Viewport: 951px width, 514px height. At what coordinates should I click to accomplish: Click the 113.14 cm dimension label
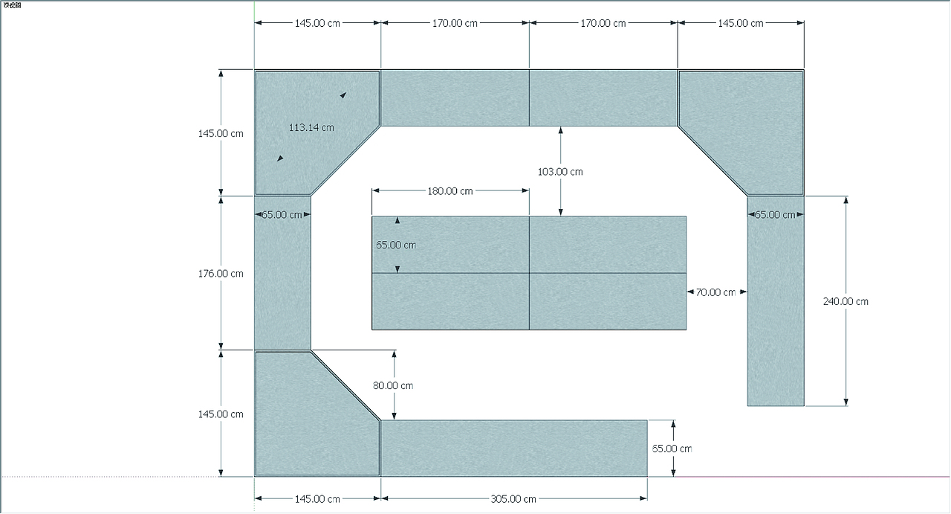click(311, 127)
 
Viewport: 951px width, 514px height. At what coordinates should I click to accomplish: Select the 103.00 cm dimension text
click(560, 172)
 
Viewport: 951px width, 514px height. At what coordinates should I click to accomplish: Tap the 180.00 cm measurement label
click(450, 191)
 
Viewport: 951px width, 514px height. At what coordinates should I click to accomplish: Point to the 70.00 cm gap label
click(715, 292)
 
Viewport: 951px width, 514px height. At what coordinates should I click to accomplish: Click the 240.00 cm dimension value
click(845, 301)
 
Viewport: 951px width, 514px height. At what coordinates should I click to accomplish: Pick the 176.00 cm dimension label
click(221, 274)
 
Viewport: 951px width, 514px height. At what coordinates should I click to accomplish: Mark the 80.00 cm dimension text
click(393, 385)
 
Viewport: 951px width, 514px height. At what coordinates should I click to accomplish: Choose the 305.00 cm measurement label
click(513, 499)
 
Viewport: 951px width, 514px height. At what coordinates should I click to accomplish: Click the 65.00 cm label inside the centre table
click(397, 245)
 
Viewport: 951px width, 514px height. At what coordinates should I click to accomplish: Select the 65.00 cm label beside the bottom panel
click(672, 449)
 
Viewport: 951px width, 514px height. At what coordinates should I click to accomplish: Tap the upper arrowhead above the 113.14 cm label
click(343, 95)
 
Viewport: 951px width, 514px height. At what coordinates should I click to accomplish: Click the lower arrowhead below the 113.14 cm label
click(279, 158)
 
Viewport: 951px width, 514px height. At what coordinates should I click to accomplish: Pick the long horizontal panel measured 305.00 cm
click(513, 448)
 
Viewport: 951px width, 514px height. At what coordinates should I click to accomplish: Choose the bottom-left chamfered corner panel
click(305, 424)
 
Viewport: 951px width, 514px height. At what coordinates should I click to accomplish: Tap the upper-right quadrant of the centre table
click(607, 244)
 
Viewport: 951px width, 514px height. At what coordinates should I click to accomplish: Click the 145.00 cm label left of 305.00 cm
click(317, 499)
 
